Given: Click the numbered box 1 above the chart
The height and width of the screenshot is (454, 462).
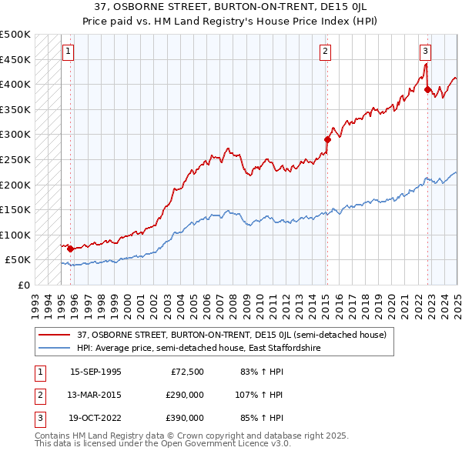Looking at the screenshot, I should click(68, 52).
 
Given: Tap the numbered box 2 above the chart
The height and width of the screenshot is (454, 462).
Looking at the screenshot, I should click(326, 52).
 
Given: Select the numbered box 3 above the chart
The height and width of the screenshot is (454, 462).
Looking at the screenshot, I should click(425, 52).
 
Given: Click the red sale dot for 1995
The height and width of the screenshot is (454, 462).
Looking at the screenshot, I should click(70, 249).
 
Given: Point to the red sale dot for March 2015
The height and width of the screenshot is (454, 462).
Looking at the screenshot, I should click(327, 139).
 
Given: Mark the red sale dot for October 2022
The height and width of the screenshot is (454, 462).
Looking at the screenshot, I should click(427, 89).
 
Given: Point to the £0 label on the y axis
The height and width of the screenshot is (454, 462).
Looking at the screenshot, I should click(23, 285).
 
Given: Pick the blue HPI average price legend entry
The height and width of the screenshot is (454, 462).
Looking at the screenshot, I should click(198, 348).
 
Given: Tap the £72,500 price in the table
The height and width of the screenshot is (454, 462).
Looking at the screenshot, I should click(188, 372).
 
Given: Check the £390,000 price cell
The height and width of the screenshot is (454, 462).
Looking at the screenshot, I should click(186, 418).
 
